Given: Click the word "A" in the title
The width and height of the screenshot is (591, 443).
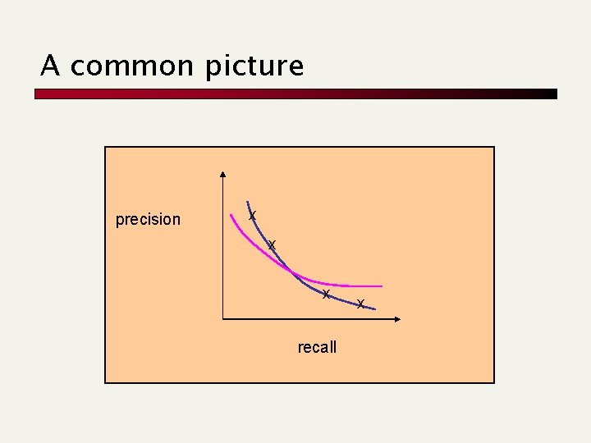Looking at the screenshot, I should coord(49,66).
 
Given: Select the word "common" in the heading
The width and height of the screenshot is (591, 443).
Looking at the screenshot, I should coord(132,66).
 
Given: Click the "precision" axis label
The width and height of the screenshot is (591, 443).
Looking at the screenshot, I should coord(148,219).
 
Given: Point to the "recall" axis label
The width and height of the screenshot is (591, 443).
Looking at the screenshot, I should coord(317,347).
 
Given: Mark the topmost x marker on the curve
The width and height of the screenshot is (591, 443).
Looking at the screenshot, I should coord(253,215).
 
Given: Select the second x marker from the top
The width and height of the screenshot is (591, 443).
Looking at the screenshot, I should coord(272,244).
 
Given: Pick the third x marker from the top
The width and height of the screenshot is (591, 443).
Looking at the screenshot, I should coord(326,294).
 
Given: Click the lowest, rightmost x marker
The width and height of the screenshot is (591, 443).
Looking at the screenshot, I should coord(360,304).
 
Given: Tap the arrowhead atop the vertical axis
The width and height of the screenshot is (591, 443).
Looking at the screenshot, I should coord(223,175).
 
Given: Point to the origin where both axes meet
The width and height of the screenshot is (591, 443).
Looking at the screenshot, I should coord(223,318).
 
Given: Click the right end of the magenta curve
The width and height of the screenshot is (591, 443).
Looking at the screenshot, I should coord(382,286).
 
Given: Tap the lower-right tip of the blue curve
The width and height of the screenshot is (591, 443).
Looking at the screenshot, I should coord(374,309).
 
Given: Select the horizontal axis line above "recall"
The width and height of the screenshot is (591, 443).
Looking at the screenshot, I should coord(312,318).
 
